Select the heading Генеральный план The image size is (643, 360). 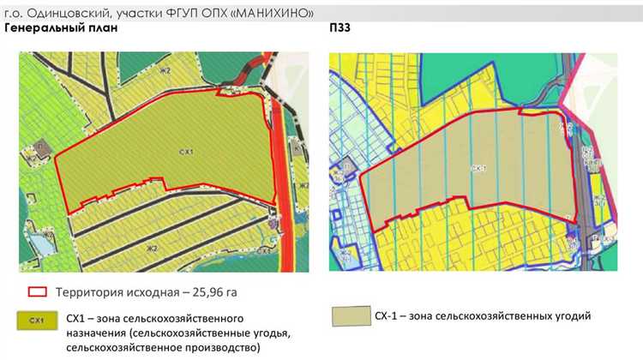[61, 28]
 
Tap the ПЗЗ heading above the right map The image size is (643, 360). [340, 28]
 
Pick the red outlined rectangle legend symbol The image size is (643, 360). [38, 291]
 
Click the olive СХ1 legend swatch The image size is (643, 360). [37, 321]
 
